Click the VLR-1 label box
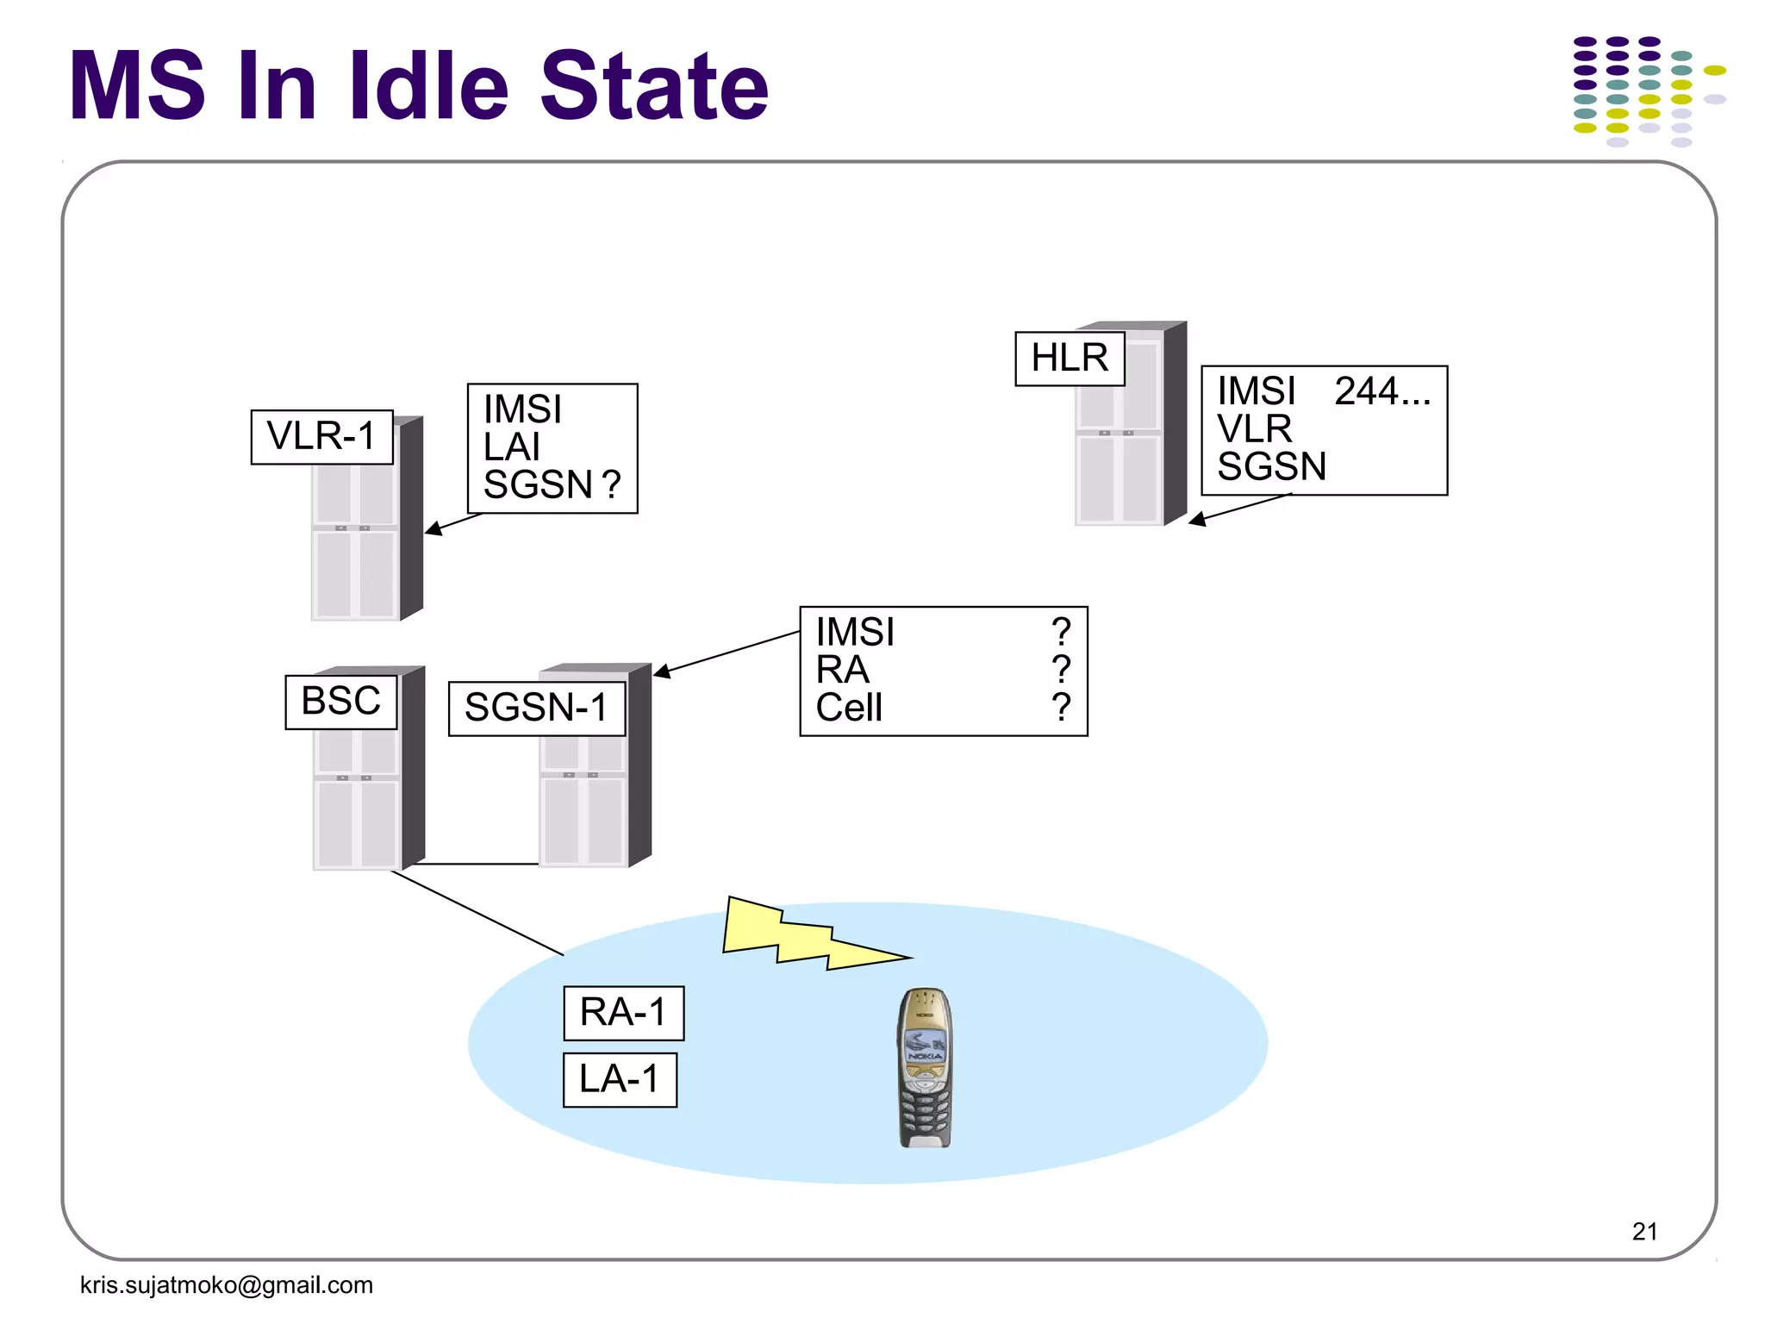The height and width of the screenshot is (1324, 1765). pyautogui.click(x=321, y=437)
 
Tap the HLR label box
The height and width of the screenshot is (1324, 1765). pyautogui.click(x=1070, y=359)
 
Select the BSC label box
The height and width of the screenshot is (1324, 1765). pyautogui.click(x=341, y=702)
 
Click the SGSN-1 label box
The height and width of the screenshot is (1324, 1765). pyautogui.click(x=536, y=709)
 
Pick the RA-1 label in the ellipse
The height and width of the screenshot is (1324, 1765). pyautogui.click(x=623, y=1013)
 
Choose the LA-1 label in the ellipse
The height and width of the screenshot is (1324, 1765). pyautogui.click(x=620, y=1080)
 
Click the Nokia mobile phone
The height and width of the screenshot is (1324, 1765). pyautogui.click(x=924, y=1069)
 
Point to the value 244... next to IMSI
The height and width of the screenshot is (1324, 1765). pyautogui.click(x=1381, y=392)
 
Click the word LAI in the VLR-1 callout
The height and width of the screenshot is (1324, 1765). pyautogui.click(x=512, y=447)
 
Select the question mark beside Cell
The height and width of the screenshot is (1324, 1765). pyautogui.click(x=1061, y=708)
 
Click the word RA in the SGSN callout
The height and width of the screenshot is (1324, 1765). pyautogui.click(x=842, y=671)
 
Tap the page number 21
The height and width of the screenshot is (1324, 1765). pyautogui.click(x=1644, y=1231)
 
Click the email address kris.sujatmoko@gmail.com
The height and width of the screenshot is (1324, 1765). pyautogui.click(x=227, y=1285)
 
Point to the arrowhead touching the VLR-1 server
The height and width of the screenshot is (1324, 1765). pyautogui.click(x=433, y=528)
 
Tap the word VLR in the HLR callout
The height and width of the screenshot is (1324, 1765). pyautogui.click(x=1254, y=429)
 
